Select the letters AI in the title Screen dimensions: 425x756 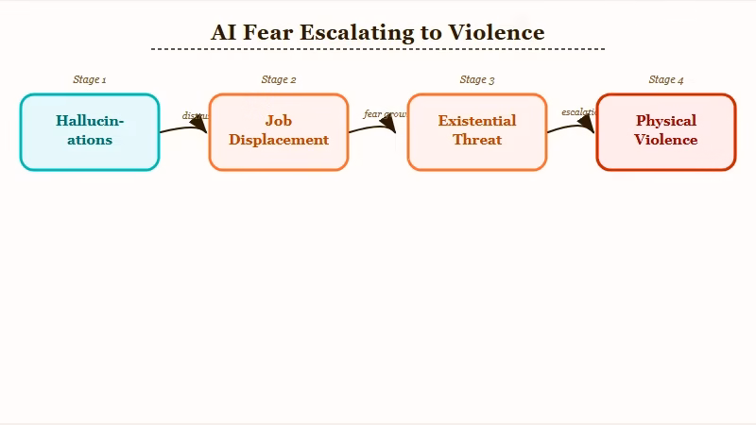223,32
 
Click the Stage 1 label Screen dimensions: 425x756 90,80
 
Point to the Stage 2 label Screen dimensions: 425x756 279,80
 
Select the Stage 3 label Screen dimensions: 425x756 477,80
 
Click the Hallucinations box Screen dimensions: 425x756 90,132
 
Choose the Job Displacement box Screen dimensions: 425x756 279,132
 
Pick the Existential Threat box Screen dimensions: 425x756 477,132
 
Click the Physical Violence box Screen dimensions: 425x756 666,132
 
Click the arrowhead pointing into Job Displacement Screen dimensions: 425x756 199,127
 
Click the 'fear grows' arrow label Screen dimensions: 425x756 386,114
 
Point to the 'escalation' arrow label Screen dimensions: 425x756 579,112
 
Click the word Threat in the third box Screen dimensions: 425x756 477,140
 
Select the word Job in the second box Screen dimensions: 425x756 279,121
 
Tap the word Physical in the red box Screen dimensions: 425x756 666,121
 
